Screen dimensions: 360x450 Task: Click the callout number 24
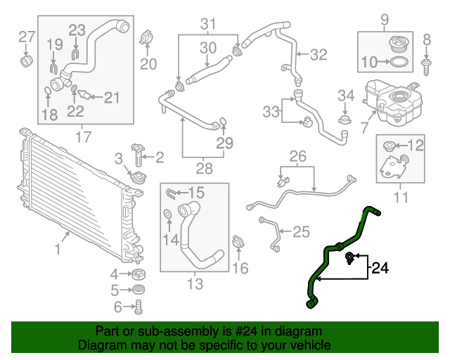pos(380,267)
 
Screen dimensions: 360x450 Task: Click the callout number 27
pos(26,37)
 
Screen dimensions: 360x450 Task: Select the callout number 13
pos(195,284)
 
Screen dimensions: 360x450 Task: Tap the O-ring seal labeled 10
pos(399,63)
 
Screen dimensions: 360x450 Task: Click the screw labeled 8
pos(426,66)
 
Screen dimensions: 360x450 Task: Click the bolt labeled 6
pos(139,306)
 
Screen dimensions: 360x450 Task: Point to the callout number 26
pos(297,155)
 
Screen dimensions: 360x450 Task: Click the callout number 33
pos(271,111)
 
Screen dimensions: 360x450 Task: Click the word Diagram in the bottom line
pos(98,345)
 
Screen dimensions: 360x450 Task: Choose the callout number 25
pos(301,231)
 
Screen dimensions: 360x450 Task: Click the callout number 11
pos(400,198)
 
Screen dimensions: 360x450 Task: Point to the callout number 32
pos(319,54)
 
